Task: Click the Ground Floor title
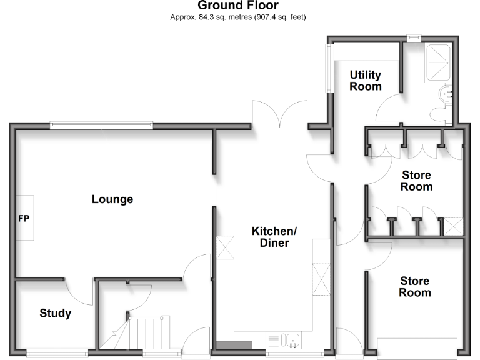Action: pyautogui.click(x=238, y=6)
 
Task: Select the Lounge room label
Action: pyautogui.click(x=112, y=200)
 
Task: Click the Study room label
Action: pyautogui.click(x=55, y=313)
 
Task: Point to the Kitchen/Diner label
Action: pyautogui.click(x=274, y=237)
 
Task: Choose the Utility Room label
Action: pyautogui.click(x=366, y=81)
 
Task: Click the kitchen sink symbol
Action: pyautogui.click(x=292, y=341)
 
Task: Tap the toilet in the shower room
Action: pyautogui.click(x=439, y=112)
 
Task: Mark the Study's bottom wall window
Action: pyautogui.click(x=57, y=352)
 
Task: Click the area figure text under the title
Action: pyautogui.click(x=238, y=17)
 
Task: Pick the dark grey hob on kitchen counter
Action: pyautogui.click(x=234, y=345)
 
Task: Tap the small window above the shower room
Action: pyautogui.click(x=414, y=37)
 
